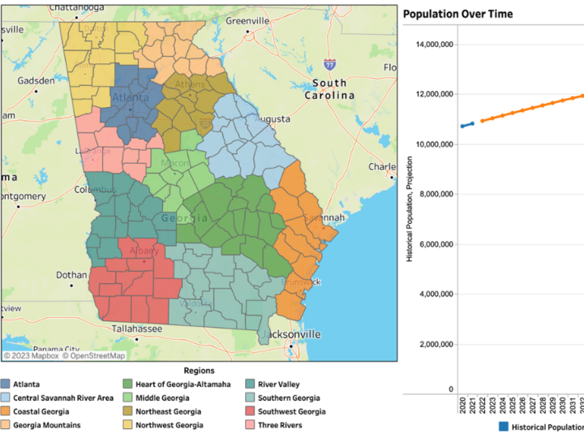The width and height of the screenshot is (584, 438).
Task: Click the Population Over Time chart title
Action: [x=457, y=15]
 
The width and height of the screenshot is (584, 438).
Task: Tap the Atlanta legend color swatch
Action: [x=6, y=384]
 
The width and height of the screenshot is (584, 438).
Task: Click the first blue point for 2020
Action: [x=462, y=126]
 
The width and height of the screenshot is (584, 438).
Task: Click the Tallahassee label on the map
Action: [x=136, y=328]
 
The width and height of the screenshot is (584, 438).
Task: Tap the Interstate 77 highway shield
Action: [x=328, y=63]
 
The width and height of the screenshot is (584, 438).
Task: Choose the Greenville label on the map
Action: [x=247, y=20]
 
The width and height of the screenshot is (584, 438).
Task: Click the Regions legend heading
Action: [x=199, y=370]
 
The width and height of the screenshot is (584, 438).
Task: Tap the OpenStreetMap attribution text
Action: [x=95, y=355]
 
